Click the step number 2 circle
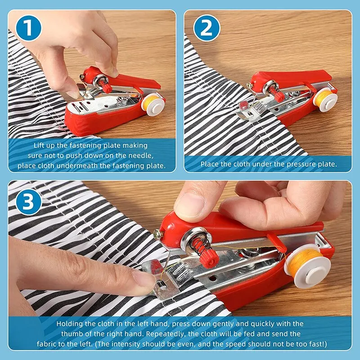[x=207, y=28]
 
